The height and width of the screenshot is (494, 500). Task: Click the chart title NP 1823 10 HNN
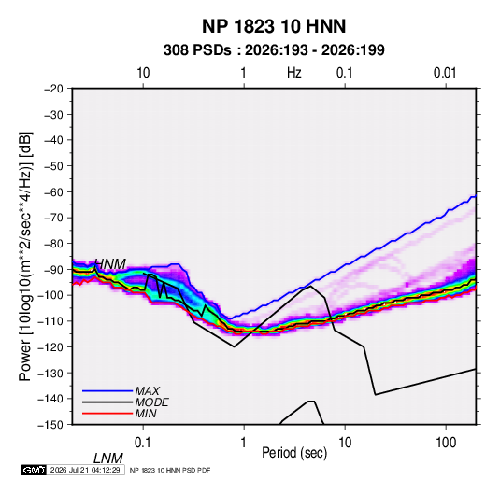click(274, 26)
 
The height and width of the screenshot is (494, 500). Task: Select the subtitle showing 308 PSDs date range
click(274, 50)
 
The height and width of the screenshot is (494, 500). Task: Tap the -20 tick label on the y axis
click(53, 89)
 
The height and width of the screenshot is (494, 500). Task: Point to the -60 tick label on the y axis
click(53, 191)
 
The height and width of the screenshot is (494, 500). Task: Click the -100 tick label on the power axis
click(51, 295)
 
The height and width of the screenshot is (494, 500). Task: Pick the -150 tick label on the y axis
click(51, 425)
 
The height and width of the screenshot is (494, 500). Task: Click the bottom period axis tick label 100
click(446, 443)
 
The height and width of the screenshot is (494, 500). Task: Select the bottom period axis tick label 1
click(244, 443)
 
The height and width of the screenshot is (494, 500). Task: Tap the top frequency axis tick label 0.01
click(445, 73)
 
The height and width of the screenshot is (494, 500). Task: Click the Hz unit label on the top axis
click(294, 73)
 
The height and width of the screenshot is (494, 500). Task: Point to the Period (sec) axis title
click(294, 453)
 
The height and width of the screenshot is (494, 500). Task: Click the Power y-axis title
click(25, 256)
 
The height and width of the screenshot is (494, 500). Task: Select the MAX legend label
click(148, 390)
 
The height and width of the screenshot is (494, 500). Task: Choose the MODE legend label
click(151, 402)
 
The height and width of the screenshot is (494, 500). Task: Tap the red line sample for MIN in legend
click(107, 414)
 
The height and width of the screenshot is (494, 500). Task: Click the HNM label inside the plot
click(110, 264)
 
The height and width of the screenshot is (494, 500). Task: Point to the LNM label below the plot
click(108, 459)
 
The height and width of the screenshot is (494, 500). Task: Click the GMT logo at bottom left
click(34, 470)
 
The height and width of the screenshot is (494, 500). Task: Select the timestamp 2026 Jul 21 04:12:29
click(85, 470)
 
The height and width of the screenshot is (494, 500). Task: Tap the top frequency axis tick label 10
click(143, 73)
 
